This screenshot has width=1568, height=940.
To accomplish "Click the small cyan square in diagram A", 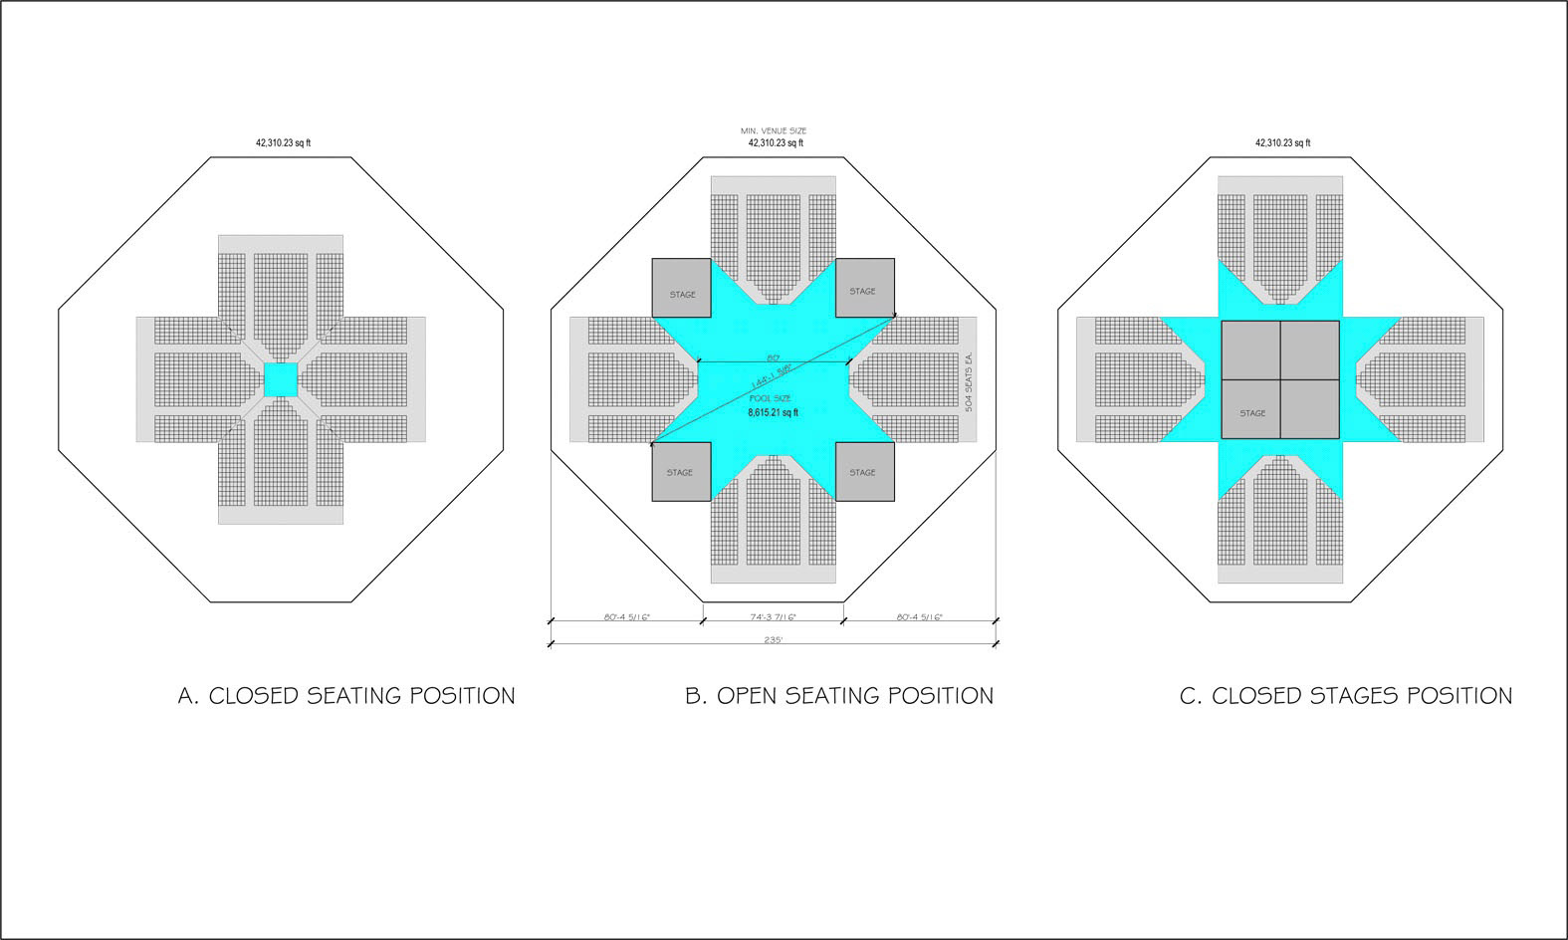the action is [281, 379].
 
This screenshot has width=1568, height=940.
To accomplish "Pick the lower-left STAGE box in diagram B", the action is [682, 471].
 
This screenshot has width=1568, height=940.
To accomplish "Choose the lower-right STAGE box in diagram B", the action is [864, 471].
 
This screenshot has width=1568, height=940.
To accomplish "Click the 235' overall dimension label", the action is [773, 639].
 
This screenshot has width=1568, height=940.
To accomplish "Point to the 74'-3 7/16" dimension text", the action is [773, 617].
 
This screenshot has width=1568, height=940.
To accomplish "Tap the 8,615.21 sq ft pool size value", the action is [773, 412].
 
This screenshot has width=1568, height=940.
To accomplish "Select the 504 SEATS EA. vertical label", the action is [968, 379].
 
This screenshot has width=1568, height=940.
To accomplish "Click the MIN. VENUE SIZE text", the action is [774, 130].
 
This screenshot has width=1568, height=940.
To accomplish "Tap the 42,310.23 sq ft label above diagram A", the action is [283, 143].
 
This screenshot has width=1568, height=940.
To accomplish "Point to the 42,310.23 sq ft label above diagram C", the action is [1282, 143].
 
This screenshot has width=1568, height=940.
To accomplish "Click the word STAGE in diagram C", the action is [1252, 413].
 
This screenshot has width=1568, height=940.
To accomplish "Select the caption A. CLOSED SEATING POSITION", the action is [346, 696].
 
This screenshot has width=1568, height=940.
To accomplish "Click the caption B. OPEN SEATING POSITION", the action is [839, 696].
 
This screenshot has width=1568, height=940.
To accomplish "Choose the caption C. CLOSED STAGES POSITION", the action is [1346, 696].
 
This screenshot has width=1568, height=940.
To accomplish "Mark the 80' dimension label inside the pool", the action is [773, 356].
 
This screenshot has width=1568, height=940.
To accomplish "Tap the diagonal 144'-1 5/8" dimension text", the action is [773, 379].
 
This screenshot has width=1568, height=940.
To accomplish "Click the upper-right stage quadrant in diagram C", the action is [1310, 350].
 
